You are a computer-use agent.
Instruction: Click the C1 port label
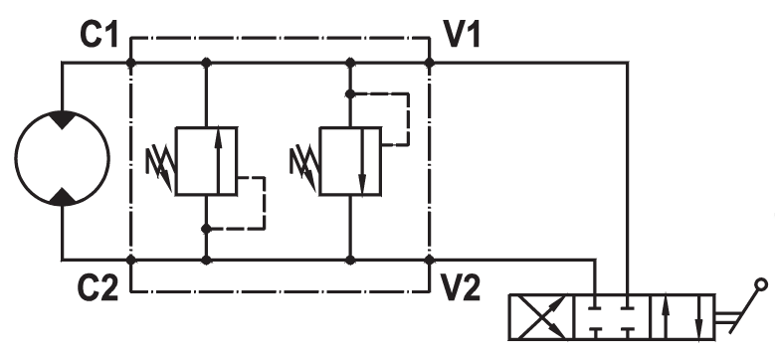[x=98, y=35]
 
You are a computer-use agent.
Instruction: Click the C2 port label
[x=97, y=287]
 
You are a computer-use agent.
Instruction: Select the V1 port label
[x=462, y=35]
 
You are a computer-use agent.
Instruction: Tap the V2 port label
[x=461, y=287]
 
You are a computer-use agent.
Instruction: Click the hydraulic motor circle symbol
[x=15, y=158]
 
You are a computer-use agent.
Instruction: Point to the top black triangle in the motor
[x=63, y=119]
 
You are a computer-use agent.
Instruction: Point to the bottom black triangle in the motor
[x=63, y=197]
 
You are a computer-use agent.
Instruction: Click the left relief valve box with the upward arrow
[x=207, y=161]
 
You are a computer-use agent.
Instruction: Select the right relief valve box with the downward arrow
[x=350, y=161]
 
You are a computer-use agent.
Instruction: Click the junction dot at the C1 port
[x=131, y=63]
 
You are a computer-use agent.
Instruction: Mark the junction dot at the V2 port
[x=430, y=260]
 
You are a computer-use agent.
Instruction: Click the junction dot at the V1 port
[x=430, y=63]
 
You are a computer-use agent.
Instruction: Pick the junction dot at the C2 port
[x=131, y=260]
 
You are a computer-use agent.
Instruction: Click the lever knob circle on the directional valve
[x=762, y=284]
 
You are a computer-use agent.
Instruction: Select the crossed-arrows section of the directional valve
[x=542, y=317]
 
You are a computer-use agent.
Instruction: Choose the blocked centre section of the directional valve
[x=612, y=317]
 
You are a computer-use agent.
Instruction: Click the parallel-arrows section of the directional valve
[x=682, y=317]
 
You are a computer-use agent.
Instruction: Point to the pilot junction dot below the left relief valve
[x=207, y=229]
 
